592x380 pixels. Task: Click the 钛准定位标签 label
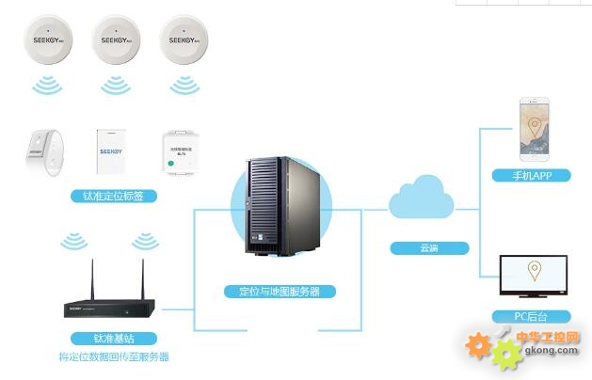click(113, 197)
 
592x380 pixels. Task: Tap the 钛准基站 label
click(112, 338)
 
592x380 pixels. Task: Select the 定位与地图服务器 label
click(280, 292)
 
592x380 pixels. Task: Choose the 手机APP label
click(534, 176)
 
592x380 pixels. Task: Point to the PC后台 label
click(534, 317)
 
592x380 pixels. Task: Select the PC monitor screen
click(535, 274)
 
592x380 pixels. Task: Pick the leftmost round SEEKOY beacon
click(48, 41)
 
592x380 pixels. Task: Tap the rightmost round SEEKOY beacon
click(184, 41)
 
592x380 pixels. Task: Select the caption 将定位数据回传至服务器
click(112, 357)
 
